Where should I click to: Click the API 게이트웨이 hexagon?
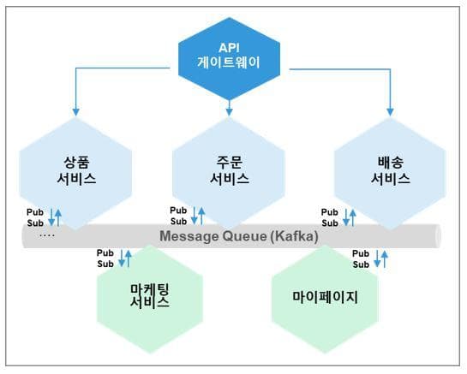pos(229,58)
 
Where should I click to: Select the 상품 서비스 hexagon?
pos(75,174)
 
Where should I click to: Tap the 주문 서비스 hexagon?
pos(229,174)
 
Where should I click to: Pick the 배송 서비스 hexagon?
pos(390,174)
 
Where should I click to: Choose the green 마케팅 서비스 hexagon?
pos(150,299)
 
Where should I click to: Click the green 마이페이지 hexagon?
pos(325,299)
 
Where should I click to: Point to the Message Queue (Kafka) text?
pos(239,236)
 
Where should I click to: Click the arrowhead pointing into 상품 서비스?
pos(76,112)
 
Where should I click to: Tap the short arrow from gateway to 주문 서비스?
pos(229,108)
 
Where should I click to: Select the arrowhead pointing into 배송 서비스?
pos(390,112)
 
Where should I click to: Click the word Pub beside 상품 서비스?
pos(35,212)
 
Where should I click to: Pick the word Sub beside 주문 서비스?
pos(179,222)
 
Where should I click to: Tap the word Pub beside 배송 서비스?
pos(330,212)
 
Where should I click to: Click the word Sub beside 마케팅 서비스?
pos(105,264)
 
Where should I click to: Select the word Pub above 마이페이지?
pos(361,253)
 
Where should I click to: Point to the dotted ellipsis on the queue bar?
pos(47,236)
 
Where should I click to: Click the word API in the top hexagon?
pos(229,48)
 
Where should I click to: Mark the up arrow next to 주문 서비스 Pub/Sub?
pos(201,216)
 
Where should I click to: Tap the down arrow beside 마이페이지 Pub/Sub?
pos(377,258)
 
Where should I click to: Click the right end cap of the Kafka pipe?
pos(438,236)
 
